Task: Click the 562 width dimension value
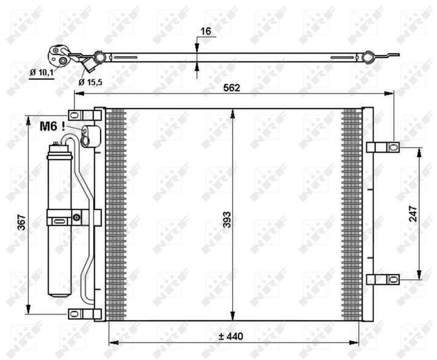click(x=232, y=88)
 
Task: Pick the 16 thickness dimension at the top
click(x=206, y=31)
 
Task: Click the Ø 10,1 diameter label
click(x=41, y=72)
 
